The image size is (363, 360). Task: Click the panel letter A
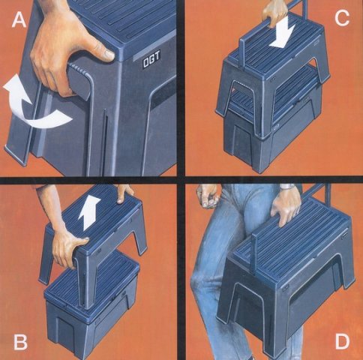(x=19, y=20)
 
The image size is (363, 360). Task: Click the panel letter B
(x=20, y=342)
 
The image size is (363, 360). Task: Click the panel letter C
(x=342, y=19)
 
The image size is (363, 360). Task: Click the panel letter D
(x=342, y=341)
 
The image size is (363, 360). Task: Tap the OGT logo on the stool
(x=151, y=60)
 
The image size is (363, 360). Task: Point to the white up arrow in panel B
(x=89, y=212)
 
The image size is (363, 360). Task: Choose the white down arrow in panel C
(x=283, y=31)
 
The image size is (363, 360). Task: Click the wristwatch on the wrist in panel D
(x=288, y=187)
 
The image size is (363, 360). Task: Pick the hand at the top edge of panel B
(x=125, y=193)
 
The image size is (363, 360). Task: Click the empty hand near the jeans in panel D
(x=207, y=196)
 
